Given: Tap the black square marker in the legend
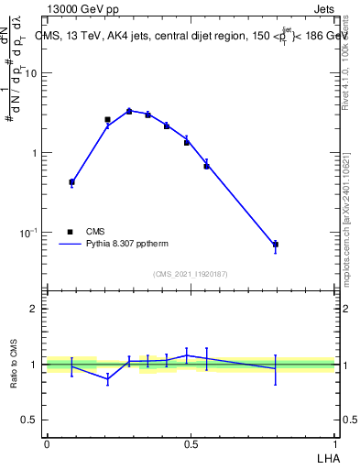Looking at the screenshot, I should pos(71,232).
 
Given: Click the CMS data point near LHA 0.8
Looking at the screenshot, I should pos(275,245).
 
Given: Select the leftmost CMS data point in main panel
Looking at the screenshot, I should pos(71,182).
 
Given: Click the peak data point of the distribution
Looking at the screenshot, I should pos(129,111).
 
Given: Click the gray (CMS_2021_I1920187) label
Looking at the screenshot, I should pos(191,274).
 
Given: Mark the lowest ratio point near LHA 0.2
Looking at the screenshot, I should pos(107,378).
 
